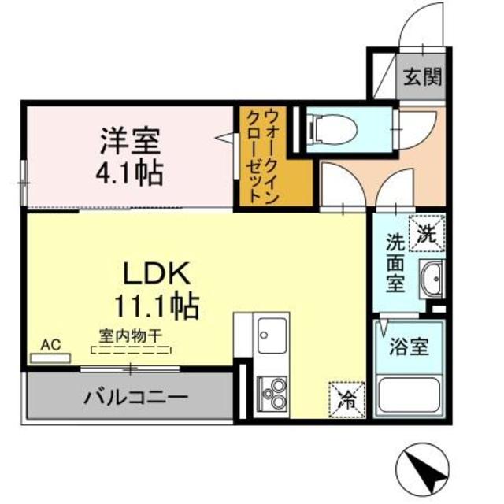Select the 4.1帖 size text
point(132,172)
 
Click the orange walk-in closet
point(260,157)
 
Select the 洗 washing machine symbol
point(427,232)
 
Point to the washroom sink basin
point(432,277)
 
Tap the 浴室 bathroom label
point(409,345)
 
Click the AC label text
point(50,344)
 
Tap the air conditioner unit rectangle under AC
point(50,358)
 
